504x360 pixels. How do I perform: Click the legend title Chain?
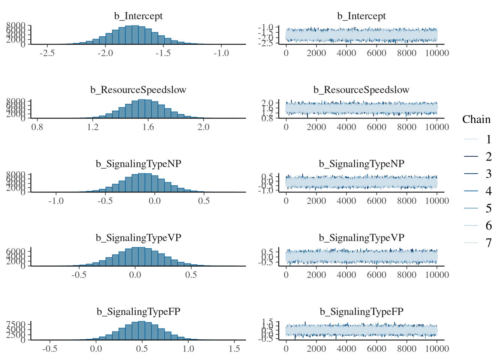(476, 119)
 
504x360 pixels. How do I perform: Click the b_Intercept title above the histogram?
(138, 16)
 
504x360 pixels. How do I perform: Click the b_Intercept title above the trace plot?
(361, 16)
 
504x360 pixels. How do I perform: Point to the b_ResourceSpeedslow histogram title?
(138, 90)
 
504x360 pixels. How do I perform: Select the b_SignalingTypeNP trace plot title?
(361, 164)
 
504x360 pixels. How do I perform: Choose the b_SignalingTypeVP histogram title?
(138, 238)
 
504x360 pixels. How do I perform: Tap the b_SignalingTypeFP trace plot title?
(361, 312)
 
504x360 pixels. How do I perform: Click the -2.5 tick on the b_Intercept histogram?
(47, 53)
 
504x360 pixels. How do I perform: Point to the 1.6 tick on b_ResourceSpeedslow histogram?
(148, 127)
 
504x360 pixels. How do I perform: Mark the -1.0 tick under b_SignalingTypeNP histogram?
(56, 201)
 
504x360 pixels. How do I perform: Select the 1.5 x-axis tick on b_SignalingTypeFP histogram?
(234, 349)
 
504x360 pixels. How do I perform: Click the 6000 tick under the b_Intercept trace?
(376, 53)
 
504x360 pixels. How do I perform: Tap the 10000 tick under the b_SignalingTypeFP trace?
(437, 349)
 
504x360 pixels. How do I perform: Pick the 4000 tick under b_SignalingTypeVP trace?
(346, 275)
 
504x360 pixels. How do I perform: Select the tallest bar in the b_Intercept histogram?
(135, 35)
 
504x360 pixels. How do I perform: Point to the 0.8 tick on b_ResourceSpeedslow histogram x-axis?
(37, 127)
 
